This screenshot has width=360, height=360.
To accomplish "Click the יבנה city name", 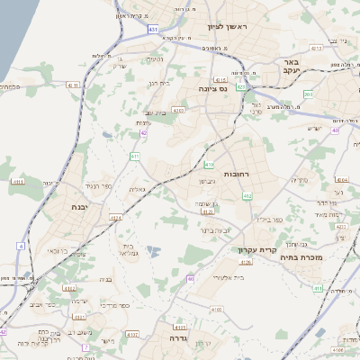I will click(x=79, y=207).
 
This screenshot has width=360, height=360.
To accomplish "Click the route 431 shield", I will click(x=152, y=30).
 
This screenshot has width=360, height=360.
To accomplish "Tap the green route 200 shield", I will click(x=309, y=94).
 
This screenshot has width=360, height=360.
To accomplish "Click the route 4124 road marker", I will click(x=115, y=218).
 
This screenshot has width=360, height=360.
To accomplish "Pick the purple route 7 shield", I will click(x=85, y=346).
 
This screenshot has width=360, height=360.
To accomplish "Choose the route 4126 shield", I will click(x=246, y=262).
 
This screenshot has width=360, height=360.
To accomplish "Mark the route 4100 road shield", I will click(x=215, y=309).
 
